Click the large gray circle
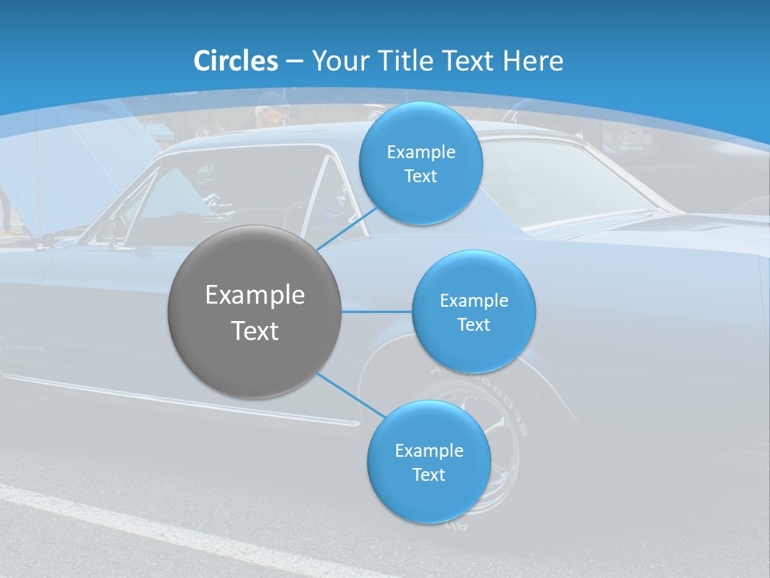[x=255, y=311]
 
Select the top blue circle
[x=421, y=164]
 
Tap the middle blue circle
[x=474, y=311]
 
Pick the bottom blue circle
[x=429, y=462]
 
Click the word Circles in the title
[x=236, y=61]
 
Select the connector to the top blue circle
[x=346, y=230]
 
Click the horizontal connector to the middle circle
[x=376, y=311]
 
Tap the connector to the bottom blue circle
[x=351, y=395]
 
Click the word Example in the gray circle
[x=255, y=295]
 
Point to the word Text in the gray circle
[x=255, y=330]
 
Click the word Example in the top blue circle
[x=421, y=152]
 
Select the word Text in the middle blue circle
[x=474, y=324]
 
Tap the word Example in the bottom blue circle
[x=429, y=450]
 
